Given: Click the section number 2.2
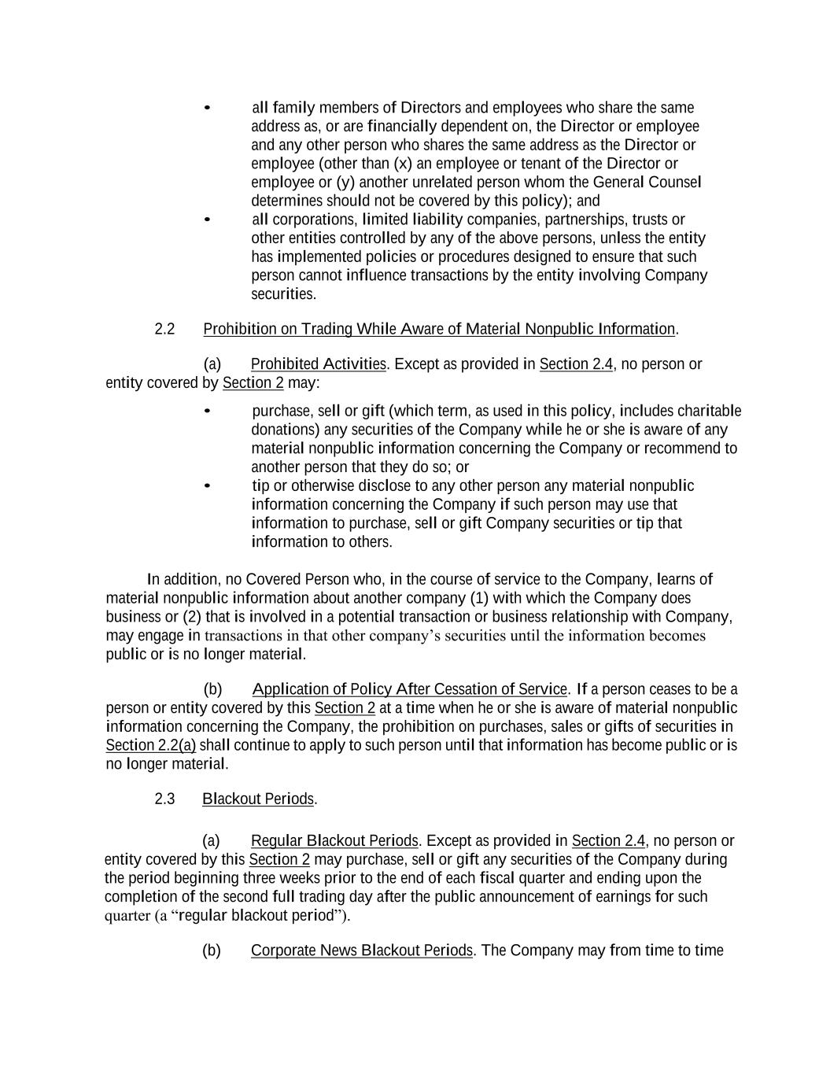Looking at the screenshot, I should click(164, 329).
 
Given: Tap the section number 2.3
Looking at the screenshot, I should click(164, 799).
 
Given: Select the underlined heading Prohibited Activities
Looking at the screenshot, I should click(318, 364).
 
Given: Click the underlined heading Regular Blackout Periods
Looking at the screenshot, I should click(334, 840).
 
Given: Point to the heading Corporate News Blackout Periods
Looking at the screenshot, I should click(362, 950).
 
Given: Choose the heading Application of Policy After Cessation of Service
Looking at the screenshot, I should click(409, 689).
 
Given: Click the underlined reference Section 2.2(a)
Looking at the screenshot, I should click(150, 745).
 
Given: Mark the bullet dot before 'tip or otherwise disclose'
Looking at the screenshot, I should click(207, 486).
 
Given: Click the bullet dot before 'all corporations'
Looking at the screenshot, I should click(207, 220).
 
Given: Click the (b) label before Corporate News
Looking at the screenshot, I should click(212, 950).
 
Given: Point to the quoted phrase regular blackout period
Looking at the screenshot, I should click(260, 915).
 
